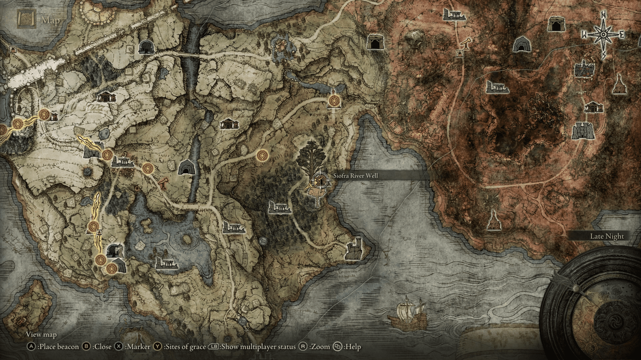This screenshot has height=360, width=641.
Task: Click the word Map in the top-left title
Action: click(x=51, y=20)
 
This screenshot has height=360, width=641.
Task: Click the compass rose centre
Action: click(x=603, y=35)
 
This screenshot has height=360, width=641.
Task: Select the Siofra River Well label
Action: click(x=356, y=176)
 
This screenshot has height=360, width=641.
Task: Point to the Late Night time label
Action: click(x=607, y=236)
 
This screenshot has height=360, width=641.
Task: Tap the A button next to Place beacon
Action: click(x=31, y=347)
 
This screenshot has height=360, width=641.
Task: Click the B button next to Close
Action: click(x=86, y=347)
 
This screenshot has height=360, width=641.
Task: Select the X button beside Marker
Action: click(x=119, y=347)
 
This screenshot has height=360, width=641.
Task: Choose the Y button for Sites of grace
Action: click(x=157, y=347)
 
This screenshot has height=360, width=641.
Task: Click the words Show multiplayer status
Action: click(x=258, y=347)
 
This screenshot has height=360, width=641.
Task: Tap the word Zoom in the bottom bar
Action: click(x=320, y=347)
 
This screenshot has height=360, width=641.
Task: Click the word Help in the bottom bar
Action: click(x=353, y=347)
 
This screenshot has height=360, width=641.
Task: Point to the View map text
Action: click(x=41, y=334)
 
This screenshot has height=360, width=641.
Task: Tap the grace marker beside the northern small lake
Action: click(x=334, y=100)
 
